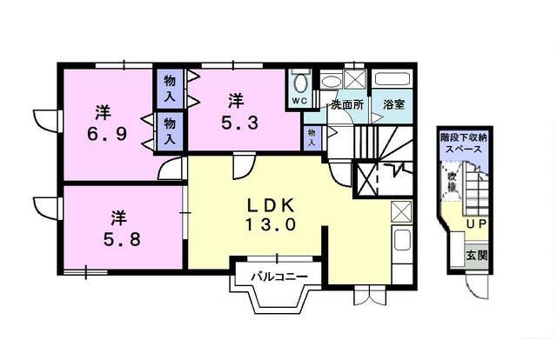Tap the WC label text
coord(299,102)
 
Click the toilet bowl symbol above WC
coord(300,84)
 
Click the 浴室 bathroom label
coord(393,104)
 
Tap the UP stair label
coord(476,225)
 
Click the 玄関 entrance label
coord(476,255)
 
